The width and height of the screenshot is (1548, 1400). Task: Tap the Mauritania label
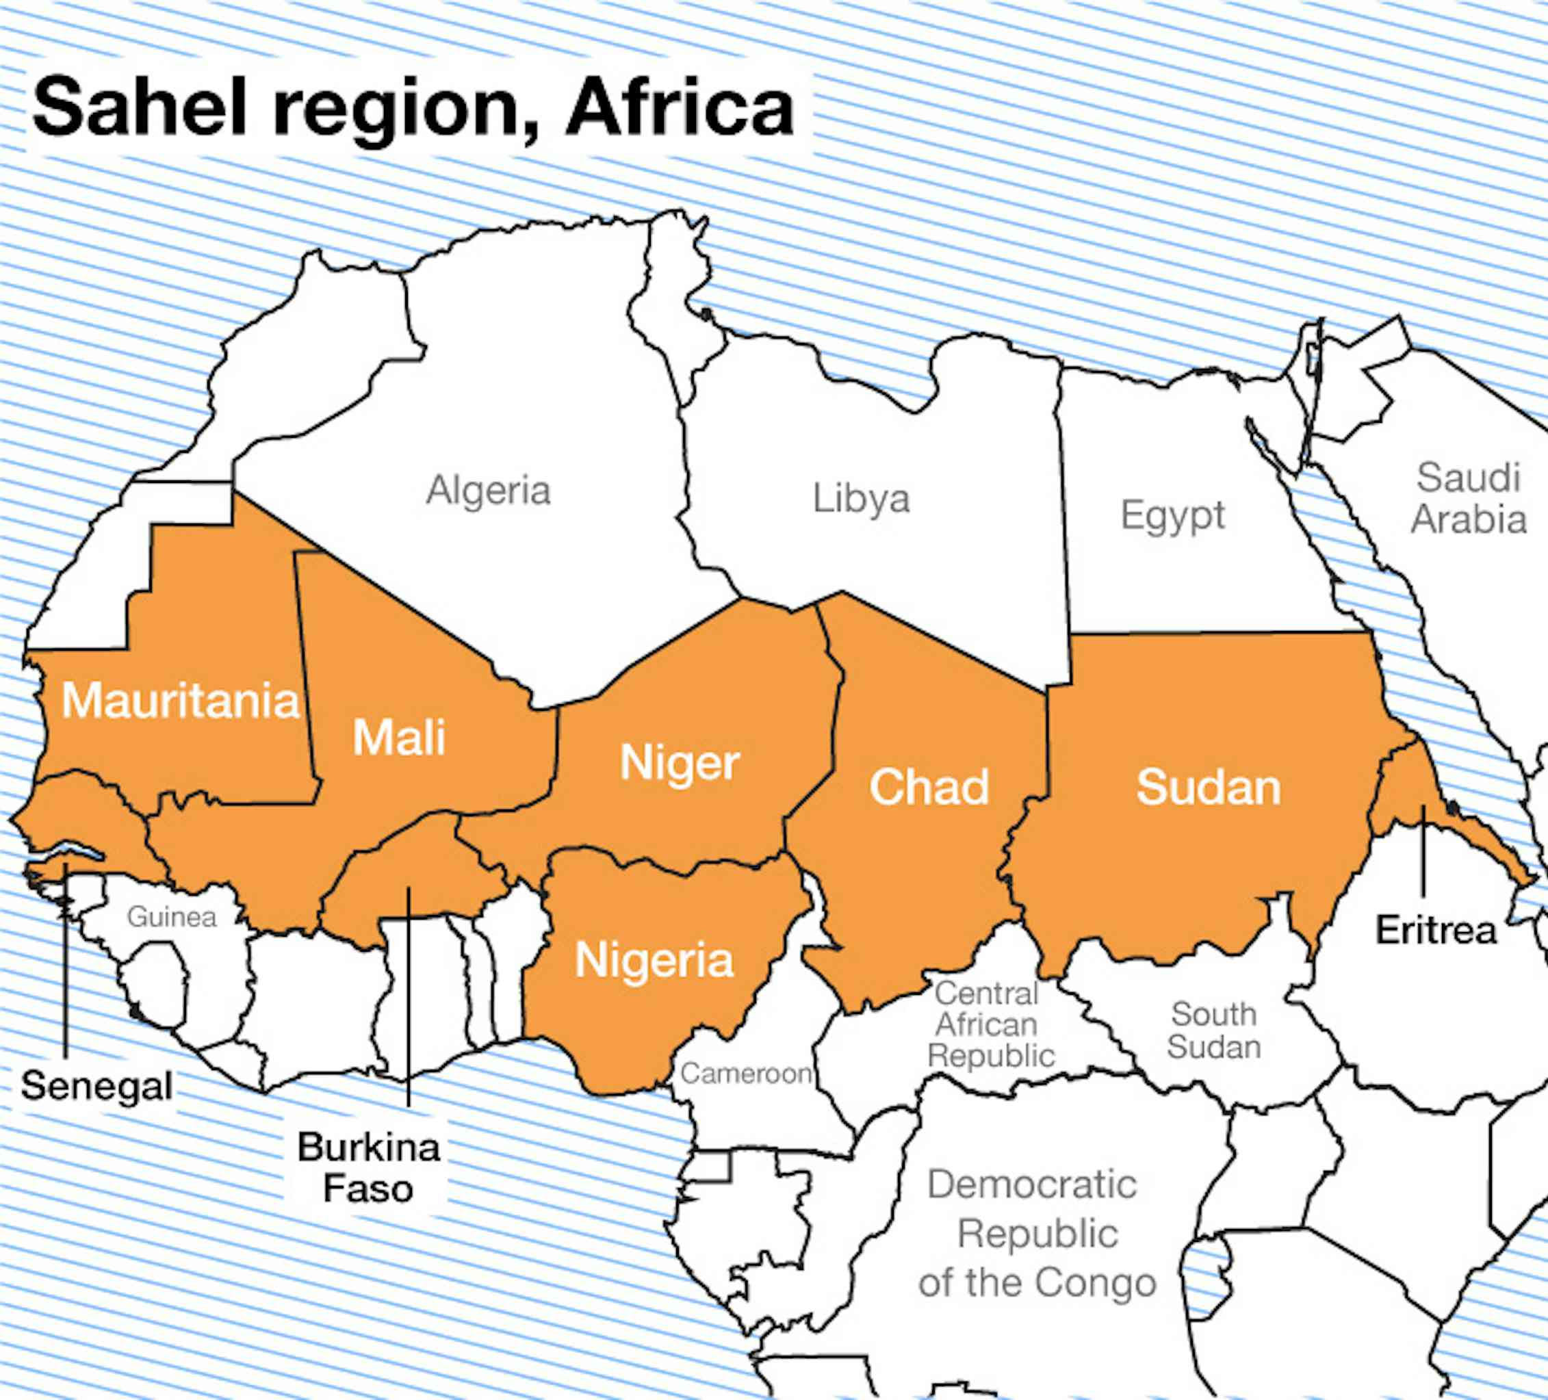point(180,701)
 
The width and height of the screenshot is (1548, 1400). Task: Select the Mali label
point(398,737)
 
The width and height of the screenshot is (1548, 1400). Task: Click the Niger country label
point(679,764)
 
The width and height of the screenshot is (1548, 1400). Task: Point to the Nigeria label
point(654,961)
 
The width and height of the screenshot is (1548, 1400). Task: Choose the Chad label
point(929,787)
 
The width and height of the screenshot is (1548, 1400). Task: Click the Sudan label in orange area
point(1208,787)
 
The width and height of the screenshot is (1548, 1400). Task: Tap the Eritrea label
point(1435,931)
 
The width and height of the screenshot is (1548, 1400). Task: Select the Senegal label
point(96,1086)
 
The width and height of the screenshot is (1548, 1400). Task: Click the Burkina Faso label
point(369,1167)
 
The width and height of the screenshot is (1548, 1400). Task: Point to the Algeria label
point(489,490)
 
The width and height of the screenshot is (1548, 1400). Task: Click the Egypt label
point(1172,515)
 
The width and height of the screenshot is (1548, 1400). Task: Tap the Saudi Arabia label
point(1468,497)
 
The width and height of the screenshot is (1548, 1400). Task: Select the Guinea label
point(171,917)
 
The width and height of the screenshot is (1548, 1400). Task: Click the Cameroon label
point(745,1073)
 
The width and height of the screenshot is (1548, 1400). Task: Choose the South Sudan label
point(1213,1030)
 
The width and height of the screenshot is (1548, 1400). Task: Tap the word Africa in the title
point(679,107)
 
